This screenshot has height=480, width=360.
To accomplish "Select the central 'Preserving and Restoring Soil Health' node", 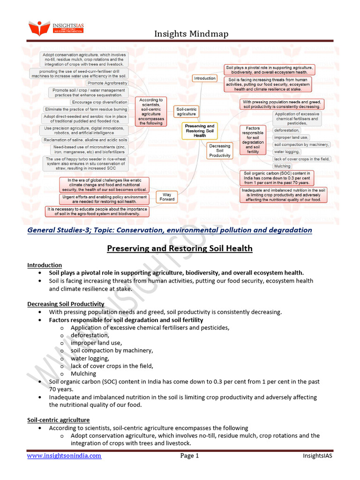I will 199,131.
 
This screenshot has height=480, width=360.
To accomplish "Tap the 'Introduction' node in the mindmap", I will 205,78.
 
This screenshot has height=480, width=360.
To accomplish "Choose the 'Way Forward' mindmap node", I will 167,196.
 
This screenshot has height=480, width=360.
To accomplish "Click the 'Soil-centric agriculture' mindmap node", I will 187,111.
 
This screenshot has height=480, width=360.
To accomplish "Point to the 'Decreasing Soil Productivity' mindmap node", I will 219,150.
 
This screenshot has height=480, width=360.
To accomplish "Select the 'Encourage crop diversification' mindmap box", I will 99,102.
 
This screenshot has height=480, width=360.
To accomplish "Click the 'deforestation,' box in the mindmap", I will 286,130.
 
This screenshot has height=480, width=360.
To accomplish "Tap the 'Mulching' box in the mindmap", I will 282,166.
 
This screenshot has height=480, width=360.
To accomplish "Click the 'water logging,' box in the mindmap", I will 286,152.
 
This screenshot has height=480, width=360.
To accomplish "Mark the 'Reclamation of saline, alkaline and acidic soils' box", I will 85,140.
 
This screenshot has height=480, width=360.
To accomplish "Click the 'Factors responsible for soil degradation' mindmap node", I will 253,140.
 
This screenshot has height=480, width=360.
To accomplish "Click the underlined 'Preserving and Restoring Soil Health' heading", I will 180,248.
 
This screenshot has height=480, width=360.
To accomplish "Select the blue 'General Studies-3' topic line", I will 170,230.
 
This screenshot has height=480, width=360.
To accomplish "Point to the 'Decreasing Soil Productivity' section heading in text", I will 66,304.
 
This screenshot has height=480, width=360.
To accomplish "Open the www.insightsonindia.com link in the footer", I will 64,456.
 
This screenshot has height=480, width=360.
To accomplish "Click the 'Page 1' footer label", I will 189,456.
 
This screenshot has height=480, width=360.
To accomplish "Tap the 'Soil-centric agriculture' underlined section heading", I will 58,420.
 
